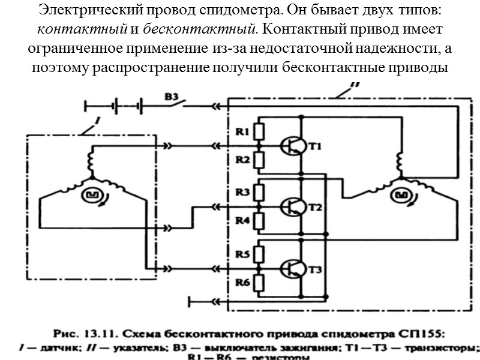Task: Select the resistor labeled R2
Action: click(259, 160)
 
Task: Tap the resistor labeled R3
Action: click(259, 192)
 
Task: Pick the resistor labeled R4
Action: click(259, 221)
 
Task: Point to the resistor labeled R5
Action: click(259, 253)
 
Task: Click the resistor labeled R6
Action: click(259, 281)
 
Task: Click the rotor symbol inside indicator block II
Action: click(401, 195)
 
